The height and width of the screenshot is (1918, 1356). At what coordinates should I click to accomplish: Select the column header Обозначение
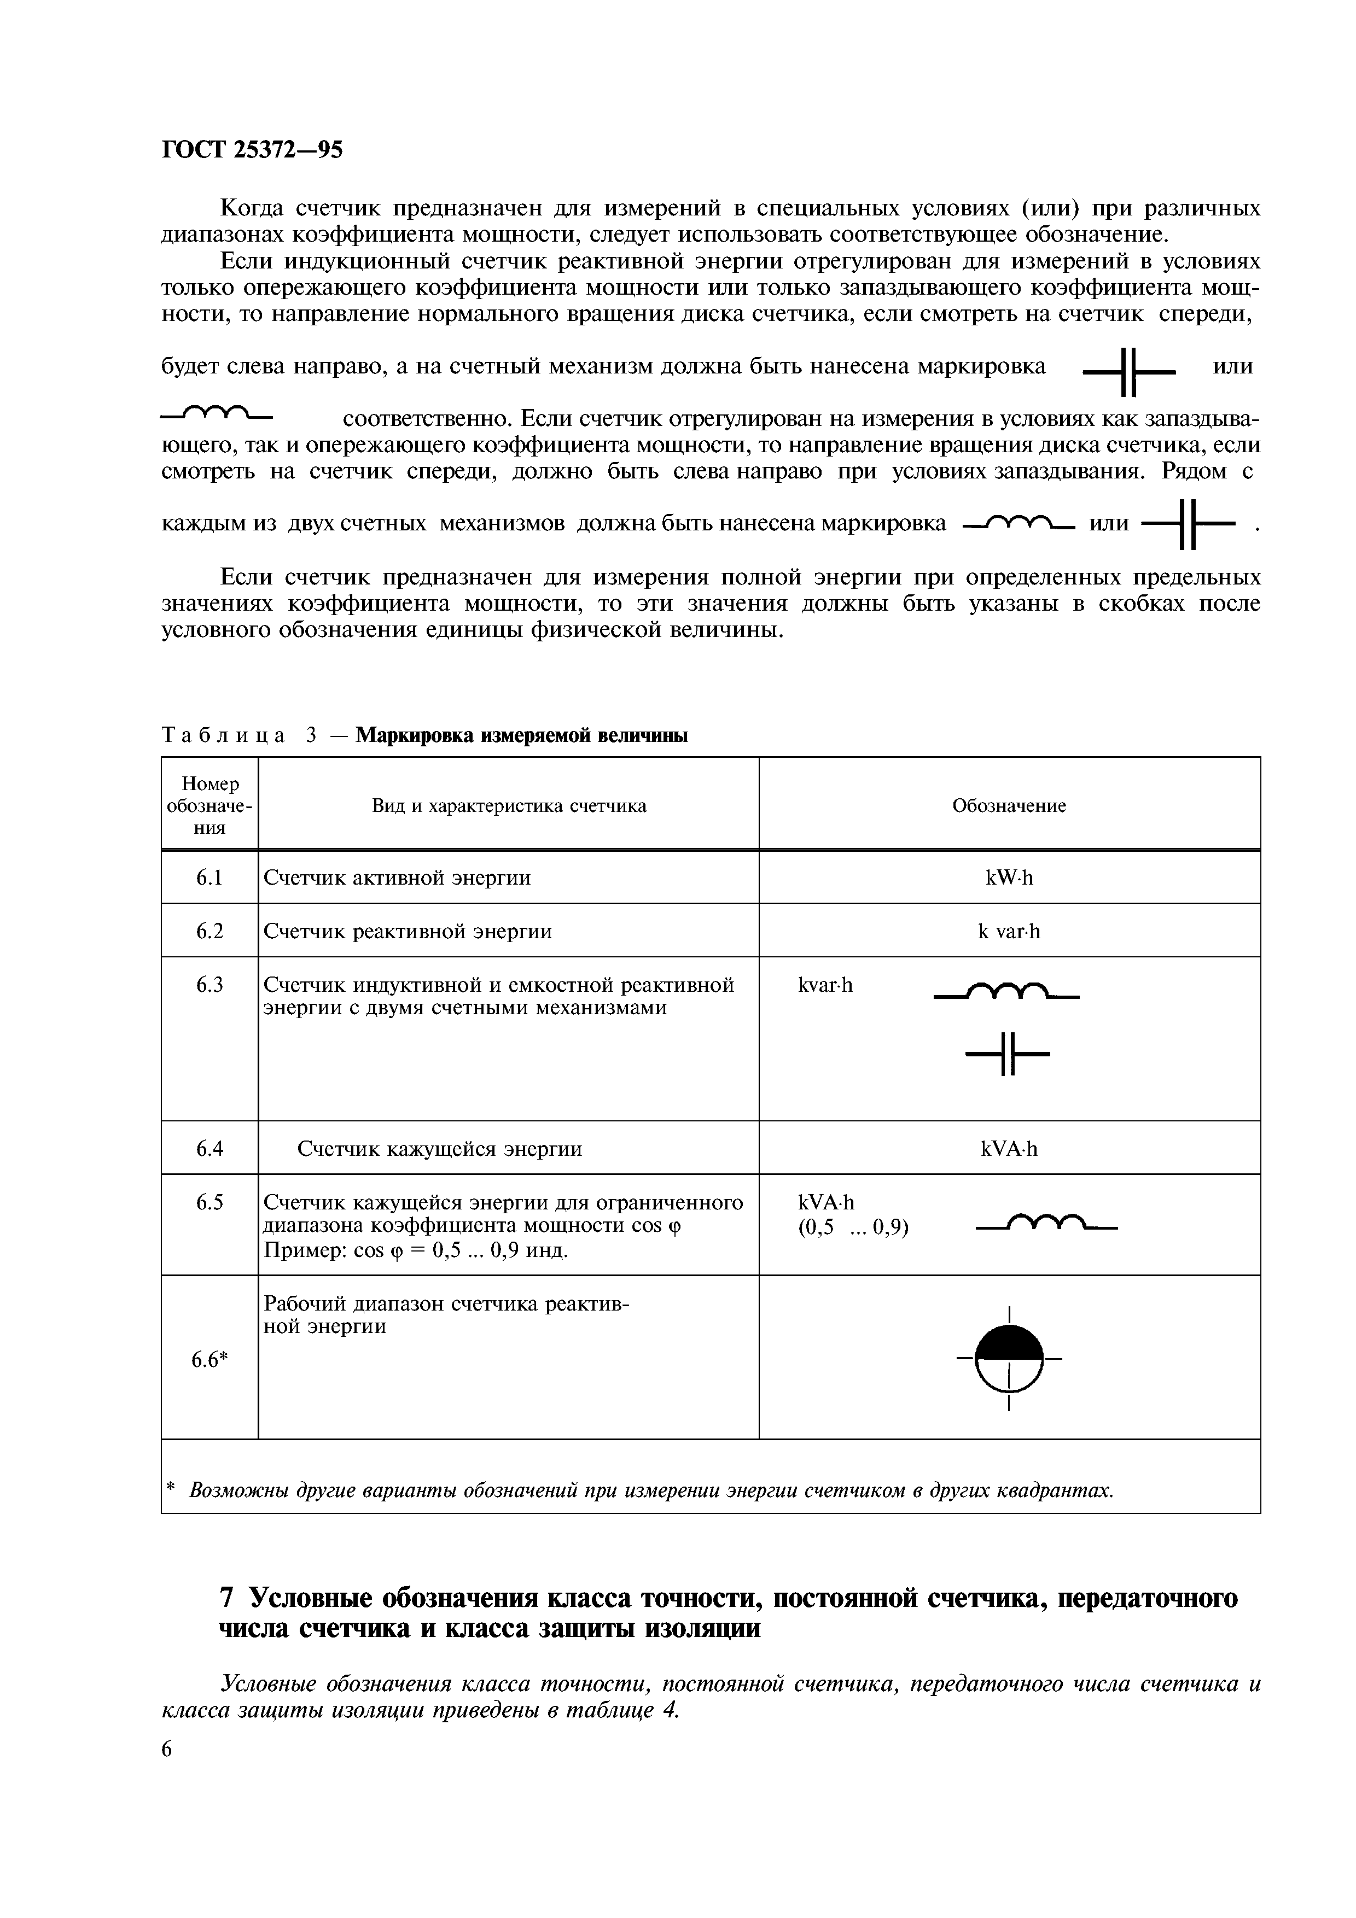click(1009, 806)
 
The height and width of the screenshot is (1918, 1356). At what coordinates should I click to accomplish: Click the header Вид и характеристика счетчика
click(509, 806)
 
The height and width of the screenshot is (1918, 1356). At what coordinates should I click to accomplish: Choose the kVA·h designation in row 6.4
click(1009, 1149)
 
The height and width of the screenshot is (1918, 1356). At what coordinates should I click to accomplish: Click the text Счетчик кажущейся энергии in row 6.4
click(440, 1149)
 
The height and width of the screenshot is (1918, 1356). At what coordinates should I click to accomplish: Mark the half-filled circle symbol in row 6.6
click(1009, 1358)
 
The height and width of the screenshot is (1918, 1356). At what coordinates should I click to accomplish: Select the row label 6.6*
click(209, 1360)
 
